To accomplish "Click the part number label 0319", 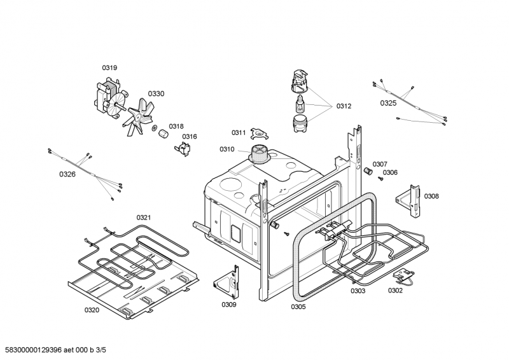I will click(x=110, y=67).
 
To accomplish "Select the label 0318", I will click(x=176, y=126).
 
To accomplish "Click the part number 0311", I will click(x=239, y=132).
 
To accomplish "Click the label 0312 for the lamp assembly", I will click(x=344, y=106).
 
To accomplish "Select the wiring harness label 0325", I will click(x=388, y=102).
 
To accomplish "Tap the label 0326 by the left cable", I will click(x=67, y=174).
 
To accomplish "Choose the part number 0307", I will click(x=380, y=163).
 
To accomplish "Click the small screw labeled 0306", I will click(x=380, y=178).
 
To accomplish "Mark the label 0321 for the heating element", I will click(x=144, y=218).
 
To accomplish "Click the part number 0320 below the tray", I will click(x=92, y=310).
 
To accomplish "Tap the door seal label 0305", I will click(x=298, y=307).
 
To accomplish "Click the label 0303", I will click(x=358, y=291).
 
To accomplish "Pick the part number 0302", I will click(x=395, y=291).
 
